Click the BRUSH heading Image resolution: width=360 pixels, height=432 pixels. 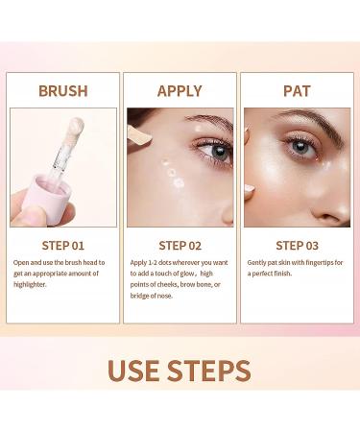(62, 91)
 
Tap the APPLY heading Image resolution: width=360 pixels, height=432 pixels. (180, 91)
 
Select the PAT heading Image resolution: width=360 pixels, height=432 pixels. (297, 91)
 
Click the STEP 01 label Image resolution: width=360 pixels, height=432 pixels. (62, 246)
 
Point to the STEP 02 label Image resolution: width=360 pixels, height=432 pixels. (180, 246)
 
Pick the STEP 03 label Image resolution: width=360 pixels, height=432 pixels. (297, 246)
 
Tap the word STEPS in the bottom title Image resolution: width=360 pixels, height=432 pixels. (217, 371)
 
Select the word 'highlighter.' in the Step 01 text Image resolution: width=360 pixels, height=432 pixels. (35, 291)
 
